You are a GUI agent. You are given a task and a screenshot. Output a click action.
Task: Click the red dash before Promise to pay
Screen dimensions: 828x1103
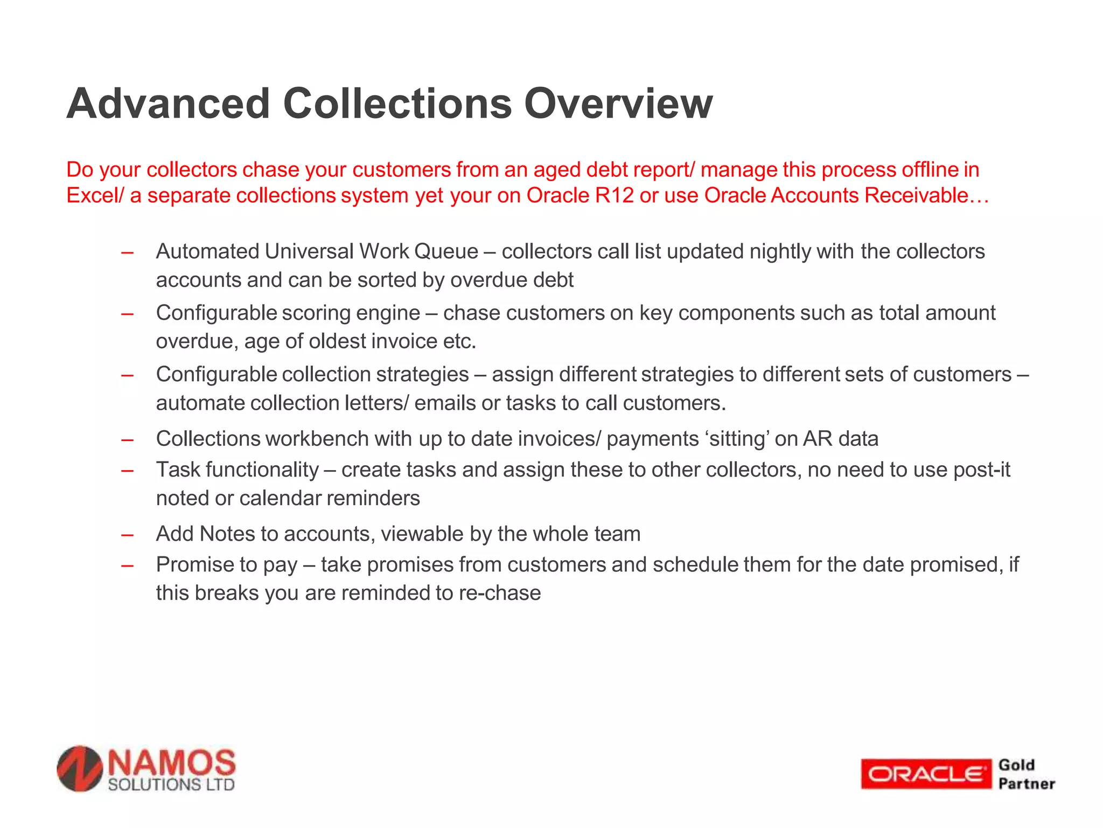128,565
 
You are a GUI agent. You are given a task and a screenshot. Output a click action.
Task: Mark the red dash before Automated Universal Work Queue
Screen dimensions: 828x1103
128,252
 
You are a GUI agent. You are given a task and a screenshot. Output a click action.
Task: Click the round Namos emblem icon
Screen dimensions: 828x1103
80,769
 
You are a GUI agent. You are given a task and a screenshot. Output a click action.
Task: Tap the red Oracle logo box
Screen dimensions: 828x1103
925,774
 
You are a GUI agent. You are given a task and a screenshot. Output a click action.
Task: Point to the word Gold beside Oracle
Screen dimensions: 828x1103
1016,765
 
